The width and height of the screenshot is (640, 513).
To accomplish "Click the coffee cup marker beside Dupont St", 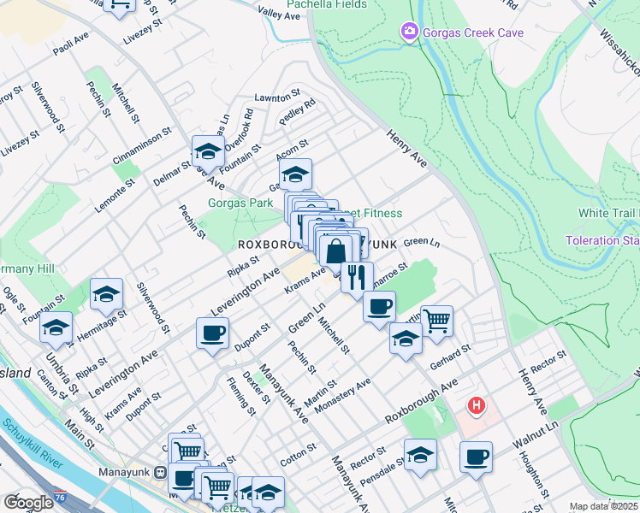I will (x=212, y=333).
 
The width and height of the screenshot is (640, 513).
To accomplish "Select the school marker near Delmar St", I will (x=207, y=152).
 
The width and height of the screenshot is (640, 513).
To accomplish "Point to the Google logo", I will (x=28, y=503).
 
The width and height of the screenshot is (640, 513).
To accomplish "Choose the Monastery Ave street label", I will (x=342, y=395).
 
